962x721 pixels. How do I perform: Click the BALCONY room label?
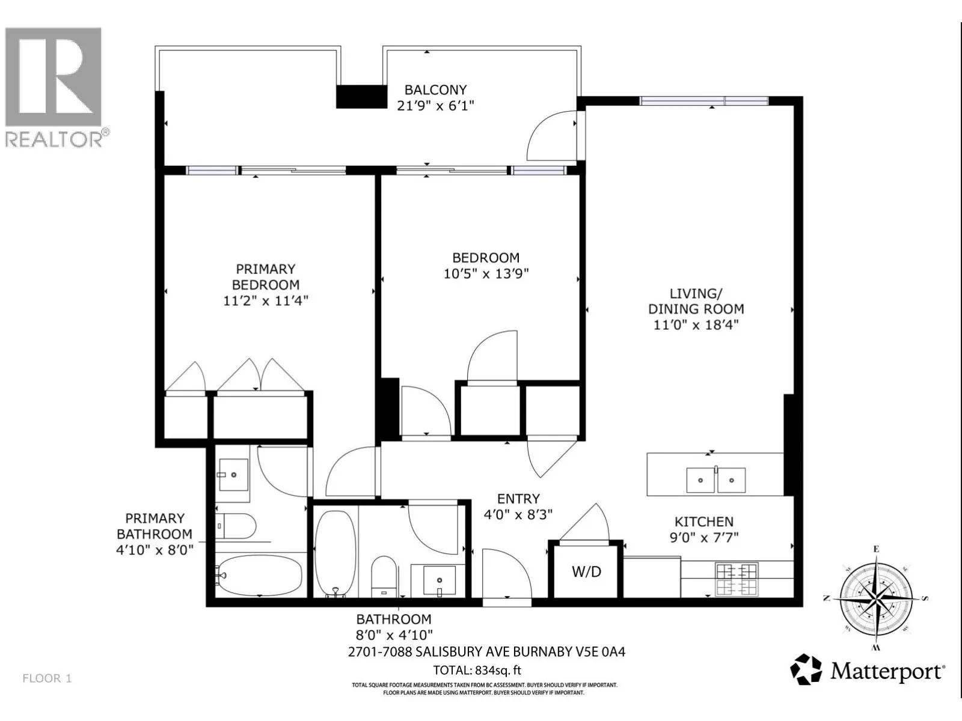[x=435, y=90]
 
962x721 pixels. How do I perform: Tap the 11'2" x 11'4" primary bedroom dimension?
[x=266, y=301]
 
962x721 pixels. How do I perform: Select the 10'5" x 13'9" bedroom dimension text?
[x=486, y=273]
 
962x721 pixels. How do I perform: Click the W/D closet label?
[x=586, y=571]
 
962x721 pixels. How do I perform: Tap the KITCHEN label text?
[x=704, y=522]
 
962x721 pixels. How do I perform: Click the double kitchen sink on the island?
[x=715, y=480]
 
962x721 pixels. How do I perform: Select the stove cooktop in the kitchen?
[x=737, y=579]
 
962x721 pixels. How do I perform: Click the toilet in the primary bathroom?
[x=236, y=526]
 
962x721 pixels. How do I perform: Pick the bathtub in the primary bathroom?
[x=260, y=576]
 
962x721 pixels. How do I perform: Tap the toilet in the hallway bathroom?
[x=384, y=577]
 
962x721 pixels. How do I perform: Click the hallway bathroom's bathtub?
[x=335, y=554]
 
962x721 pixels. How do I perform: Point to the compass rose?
[x=876, y=598]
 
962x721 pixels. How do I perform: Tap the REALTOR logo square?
[x=53, y=77]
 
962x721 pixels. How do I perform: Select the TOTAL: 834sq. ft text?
[x=477, y=670]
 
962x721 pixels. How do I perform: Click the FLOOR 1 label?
[x=47, y=678]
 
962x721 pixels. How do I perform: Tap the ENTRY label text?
[x=518, y=499]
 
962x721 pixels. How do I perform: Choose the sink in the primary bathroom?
[x=234, y=475]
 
